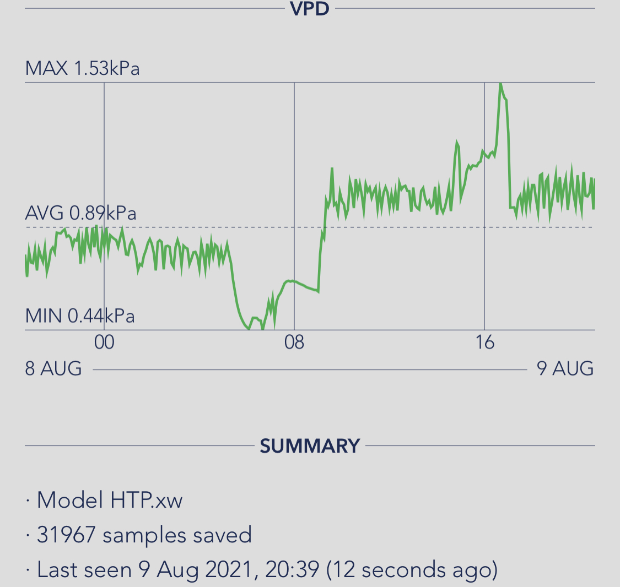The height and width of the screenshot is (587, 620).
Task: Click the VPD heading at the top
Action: pyautogui.click(x=310, y=8)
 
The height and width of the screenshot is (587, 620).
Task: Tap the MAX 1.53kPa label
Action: pyautogui.click(x=83, y=69)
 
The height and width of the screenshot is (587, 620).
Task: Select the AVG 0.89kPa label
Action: pyautogui.click(x=81, y=213)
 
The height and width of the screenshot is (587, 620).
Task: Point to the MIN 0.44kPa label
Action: pyautogui.click(x=80, y=316)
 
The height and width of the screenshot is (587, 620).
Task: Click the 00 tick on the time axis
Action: pyautogui.click(x=104, y=343)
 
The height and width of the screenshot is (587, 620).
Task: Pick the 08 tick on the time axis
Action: pyautogui.click(x=294, y=343)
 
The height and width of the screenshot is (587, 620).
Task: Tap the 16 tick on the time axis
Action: pyautogui.click(x=484, y=343)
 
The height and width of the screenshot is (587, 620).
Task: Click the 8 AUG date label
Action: pyautogui.click(x=53, y=368)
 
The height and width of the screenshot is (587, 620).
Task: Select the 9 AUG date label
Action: pyautogui.click(x=565, y=368)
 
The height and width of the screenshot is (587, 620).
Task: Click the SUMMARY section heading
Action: pyautogui.click(x=310, y=445)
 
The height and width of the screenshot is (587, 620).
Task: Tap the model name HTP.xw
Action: pyautogui.click(x=146, y=500)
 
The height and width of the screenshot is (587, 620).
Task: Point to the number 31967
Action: pyautogui.click(x=66, y=535)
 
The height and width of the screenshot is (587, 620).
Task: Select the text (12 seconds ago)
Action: pyautogui.click(x=412, y=569)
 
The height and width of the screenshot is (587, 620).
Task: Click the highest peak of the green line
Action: pyautogui.click(x=500, y=84)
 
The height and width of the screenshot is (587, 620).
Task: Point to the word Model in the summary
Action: pyautogui.click(x=70, y=500)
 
